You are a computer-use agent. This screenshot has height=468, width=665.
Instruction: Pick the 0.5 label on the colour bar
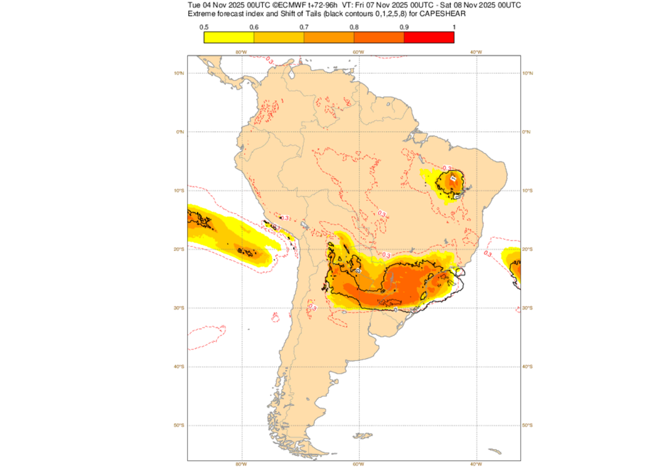(204, 27)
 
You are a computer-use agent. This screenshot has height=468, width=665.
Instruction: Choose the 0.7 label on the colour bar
(304, 27)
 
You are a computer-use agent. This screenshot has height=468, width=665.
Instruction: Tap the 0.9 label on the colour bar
(404, 27)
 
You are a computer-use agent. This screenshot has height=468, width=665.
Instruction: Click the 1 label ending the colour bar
(453, 27)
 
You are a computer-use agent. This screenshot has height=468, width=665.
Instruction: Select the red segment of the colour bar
(429, 37)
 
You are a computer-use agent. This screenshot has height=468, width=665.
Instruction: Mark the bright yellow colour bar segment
(229, 37)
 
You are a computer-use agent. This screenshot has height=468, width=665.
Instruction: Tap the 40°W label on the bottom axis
(475, 464)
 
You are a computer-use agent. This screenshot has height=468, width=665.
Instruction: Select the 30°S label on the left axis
(179, 308)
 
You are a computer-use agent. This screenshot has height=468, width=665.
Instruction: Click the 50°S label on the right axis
(529, 425)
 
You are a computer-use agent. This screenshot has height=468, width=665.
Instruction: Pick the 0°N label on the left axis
(181, 132)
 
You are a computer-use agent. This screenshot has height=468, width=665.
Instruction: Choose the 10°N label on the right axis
(529, 73)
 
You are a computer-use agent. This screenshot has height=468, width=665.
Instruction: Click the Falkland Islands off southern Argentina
(364, 435)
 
